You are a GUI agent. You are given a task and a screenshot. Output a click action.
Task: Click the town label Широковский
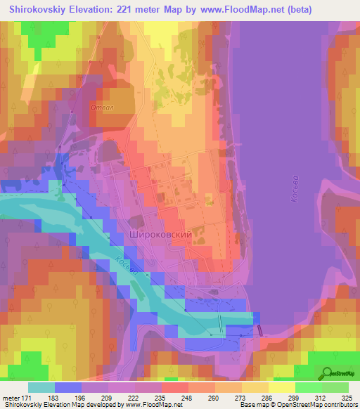coord(161,236)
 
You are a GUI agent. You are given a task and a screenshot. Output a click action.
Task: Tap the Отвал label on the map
coord(102,108)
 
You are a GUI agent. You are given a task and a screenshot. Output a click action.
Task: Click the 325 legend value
coord(348,397)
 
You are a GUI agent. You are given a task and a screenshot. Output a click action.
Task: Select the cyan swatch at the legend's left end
coord(41,387)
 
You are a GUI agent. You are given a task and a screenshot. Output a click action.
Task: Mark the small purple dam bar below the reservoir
coord(259,328)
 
